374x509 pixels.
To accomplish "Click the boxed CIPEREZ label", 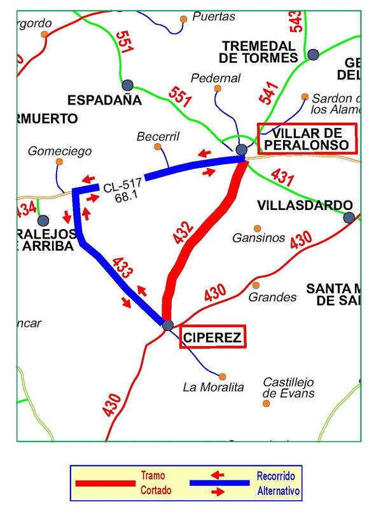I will (212, 337).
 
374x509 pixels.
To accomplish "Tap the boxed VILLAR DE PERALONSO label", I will (308, 139).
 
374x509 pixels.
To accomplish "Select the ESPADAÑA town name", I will (104, 100).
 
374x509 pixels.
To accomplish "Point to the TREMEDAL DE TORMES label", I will (258, 52).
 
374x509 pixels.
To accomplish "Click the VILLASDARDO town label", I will (305, 205).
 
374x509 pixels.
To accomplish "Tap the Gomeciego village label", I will (60, 151).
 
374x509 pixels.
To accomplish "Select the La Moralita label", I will (213, 387).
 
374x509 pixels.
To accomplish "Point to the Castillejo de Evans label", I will (288, 387).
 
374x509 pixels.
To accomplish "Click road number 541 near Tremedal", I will (269, 94).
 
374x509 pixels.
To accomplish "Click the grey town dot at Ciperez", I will (167, 325).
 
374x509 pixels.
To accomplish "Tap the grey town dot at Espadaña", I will (127, 85).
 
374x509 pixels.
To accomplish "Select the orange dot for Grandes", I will (256, 285).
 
